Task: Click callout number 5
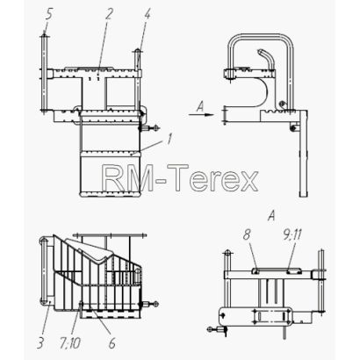48,15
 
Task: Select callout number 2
108,13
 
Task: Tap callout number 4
147,14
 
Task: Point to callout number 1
169,139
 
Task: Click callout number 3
40,342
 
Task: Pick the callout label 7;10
70,342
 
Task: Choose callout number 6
112,342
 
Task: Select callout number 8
247,234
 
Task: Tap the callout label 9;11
292,234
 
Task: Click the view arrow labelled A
202,115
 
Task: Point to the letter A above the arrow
200,106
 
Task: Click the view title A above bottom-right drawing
272,216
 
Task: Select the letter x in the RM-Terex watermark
248,181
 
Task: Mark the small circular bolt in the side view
282,103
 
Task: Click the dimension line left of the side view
225,115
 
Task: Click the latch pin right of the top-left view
150,128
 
